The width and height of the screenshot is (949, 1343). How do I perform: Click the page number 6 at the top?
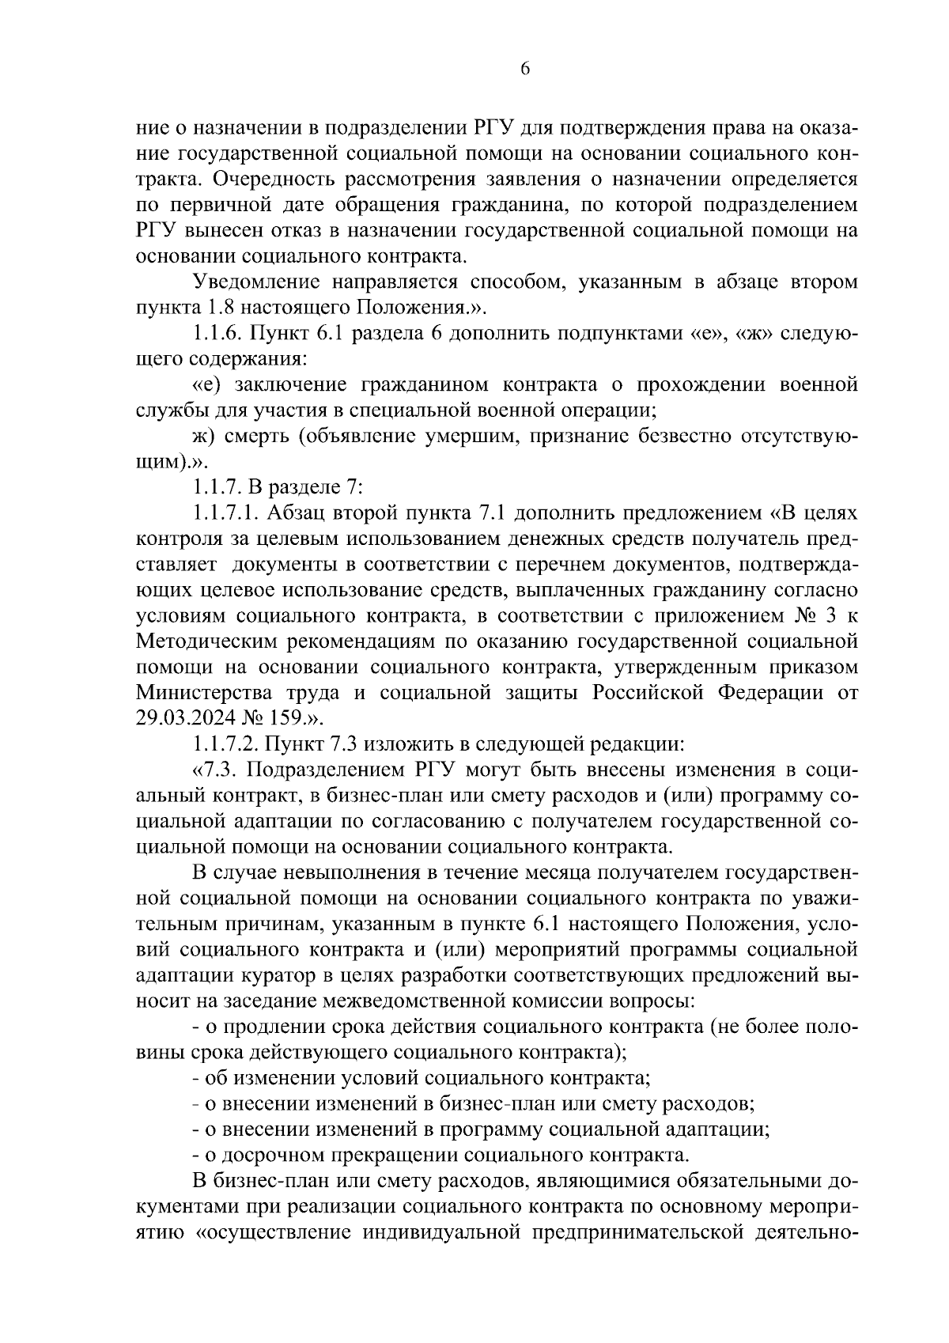[x=524, y=69]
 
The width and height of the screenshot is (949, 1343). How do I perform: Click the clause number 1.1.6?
[x=218, y=333]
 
